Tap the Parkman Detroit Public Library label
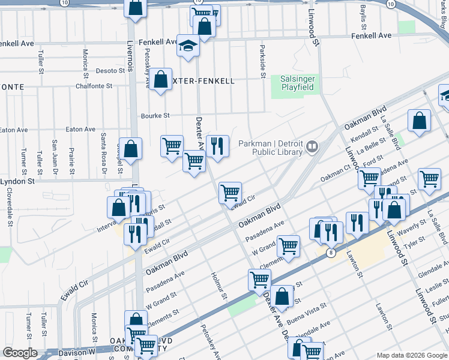point(271,147)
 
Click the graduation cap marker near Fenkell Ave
point(188,46)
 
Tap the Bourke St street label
point(155,116)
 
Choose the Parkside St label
point(262,61)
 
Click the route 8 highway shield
point(331,253)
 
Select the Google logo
point(20,353)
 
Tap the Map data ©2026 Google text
point(411,355)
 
